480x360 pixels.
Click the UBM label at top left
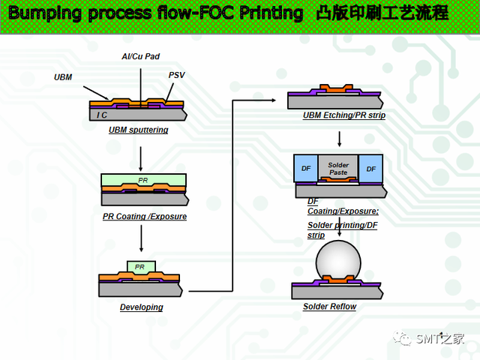click(x=63, y=77)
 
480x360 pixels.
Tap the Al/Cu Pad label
click(x=141, y=56)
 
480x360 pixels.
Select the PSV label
click(x=177, y=75)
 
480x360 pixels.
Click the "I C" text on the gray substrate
click(x=102, y=115)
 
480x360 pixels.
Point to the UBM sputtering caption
click(x=138, y=130)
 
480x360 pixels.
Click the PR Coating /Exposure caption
click(x=145, y=217)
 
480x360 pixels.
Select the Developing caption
click(x=142, y=307)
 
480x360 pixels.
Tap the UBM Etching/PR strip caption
click(x=344, y=115)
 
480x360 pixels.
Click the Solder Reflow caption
click(x=330, y=307)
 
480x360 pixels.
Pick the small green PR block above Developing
click(x=142, y=267)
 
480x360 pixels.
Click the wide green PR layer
click(x=143, y=180)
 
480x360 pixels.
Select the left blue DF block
click(x=306, y=168)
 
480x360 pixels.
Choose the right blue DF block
click(x=370, y=169)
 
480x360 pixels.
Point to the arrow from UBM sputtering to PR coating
click(x=140, y=159)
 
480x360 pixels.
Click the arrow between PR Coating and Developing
click(x=141, y=238)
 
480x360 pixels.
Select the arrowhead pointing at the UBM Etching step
click(x=272, y=100)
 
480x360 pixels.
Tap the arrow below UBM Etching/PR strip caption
click(x=339, y=139)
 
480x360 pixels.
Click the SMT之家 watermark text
click(x=440, y=339)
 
